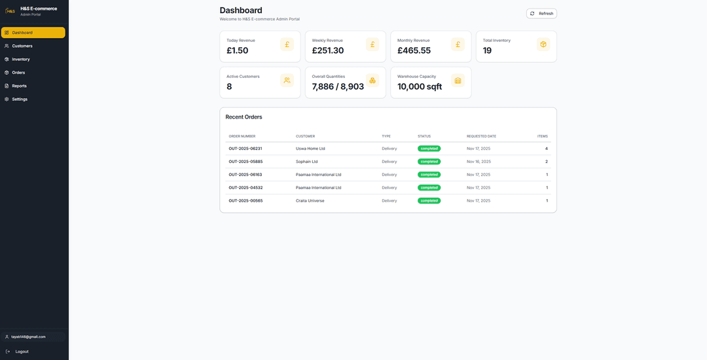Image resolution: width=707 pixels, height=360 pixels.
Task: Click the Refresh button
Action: (x=541, y=13)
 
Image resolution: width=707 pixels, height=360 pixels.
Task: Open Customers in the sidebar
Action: (x=22, y=46)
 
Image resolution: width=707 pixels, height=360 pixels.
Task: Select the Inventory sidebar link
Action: (x=21, y=59)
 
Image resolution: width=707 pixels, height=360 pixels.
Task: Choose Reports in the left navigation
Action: (x=19, y=86)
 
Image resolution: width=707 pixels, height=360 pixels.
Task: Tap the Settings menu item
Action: (x=20, y=99)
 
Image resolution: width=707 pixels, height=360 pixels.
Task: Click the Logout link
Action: (x=22, y=351)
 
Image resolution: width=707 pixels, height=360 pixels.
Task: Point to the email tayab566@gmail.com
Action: (x=28, y=336)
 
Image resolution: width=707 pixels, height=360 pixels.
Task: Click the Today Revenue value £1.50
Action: (x=238, y=50)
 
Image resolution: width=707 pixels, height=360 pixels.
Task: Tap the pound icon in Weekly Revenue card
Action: (x=372, y=45)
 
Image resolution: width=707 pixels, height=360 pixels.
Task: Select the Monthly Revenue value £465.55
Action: (x=414, y=50)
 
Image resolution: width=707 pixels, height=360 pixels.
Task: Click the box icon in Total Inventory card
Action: (x=543, y=45)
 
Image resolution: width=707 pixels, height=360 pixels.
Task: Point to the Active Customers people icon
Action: (x=287, y=81)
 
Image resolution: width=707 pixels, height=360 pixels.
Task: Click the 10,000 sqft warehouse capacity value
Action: (x=420, y=86)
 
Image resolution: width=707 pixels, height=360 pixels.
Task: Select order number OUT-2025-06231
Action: (x=245, y=149)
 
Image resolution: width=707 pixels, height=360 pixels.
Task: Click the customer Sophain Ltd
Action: (x=306, y=162)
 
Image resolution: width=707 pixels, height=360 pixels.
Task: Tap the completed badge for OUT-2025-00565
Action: (x=429, y=201)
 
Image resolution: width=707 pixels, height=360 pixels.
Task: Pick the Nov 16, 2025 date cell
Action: (x=479, y=162)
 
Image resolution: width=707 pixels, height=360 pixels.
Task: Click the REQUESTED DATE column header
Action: (x=481, y=136)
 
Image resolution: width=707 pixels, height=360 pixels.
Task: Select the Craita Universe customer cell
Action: (x=310, y=201)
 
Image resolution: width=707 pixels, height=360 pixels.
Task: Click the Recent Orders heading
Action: (x=244, y=117)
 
